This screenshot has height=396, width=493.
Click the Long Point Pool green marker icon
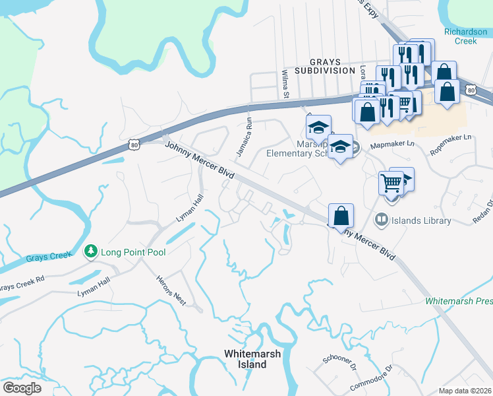pos(90,251)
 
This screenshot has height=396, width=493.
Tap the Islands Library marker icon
pos(380,220)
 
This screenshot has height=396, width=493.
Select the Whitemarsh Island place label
pos(252,358)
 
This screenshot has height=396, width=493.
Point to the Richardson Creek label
pos(465,36)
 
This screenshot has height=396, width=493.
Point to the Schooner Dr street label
pos(339,361)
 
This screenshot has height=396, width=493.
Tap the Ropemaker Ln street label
pos(451,143)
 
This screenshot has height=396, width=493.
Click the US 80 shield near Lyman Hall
pos(134,145)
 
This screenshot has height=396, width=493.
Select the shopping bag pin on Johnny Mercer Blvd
pos(341,215)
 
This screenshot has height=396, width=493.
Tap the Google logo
pos(22,388)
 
